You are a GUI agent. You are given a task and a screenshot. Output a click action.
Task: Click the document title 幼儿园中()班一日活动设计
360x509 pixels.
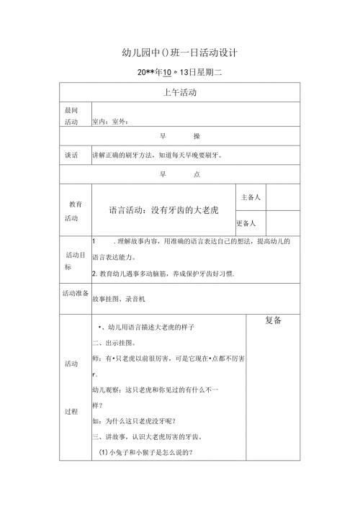pos(180,53)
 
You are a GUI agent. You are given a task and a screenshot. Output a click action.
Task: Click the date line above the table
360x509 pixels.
pos(179,73)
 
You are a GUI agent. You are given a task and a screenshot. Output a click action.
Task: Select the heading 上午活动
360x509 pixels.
pos(180,93)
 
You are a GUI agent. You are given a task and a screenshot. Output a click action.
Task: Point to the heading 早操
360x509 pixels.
pos(180,136)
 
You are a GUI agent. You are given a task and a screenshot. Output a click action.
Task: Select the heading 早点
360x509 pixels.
pos(180,174)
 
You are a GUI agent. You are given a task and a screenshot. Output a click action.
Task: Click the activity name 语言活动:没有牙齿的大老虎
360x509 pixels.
pos(163,210)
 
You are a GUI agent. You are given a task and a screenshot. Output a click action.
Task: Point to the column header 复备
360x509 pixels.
pos(273,320)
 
